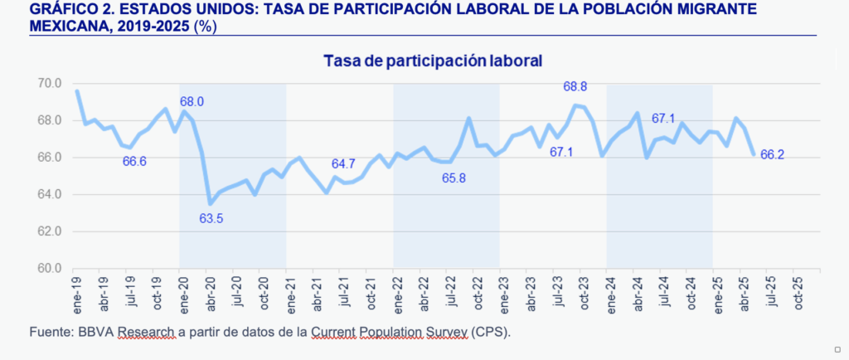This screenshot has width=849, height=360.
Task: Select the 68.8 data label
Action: coord(575,86)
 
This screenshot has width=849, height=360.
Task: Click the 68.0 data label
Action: coord(192,102)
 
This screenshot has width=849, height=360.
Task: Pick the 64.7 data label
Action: coord(343,163)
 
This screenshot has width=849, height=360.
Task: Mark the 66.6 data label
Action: coord(134,161)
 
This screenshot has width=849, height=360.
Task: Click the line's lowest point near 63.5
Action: coord(210,203)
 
